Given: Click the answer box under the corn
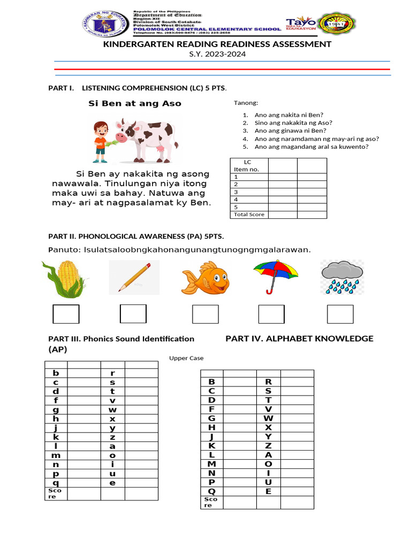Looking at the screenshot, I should (66, 314).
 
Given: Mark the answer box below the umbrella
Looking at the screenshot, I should (271, 314).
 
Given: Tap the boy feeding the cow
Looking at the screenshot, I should (101, 141).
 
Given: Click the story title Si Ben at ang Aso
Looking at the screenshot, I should (134, 103).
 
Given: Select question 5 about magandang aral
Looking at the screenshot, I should (311, 147).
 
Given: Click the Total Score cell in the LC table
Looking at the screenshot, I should (249, 214).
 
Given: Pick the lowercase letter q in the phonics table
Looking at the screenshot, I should (56, 483).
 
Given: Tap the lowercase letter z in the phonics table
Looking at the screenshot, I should (112, 437).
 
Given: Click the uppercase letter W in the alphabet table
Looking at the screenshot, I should (268, 417).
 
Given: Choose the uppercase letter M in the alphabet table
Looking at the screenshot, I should (211, 463).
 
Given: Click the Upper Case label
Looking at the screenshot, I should (186, 358).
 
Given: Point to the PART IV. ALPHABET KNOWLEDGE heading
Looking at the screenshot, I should (299, 338).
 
